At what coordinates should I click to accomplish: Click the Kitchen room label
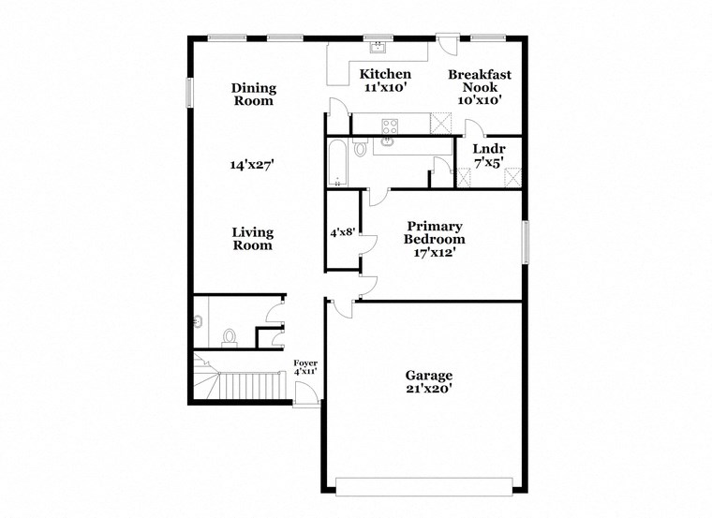point(385,74)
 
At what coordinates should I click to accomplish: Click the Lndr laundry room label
point(488,148)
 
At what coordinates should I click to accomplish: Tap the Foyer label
point(305,363)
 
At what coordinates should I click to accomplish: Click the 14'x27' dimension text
point(252,165)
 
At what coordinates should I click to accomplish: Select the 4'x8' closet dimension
point(341,229)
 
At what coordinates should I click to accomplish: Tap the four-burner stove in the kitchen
point(389,124)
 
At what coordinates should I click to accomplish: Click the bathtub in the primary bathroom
point(337,164)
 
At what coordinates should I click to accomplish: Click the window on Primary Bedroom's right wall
point(526,243)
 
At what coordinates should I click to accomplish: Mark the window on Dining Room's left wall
point(189,92)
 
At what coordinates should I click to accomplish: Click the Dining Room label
point(254,95)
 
